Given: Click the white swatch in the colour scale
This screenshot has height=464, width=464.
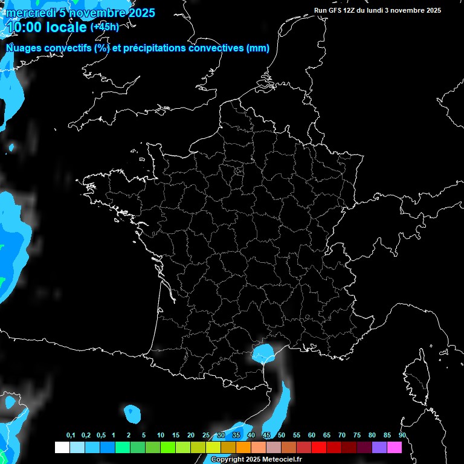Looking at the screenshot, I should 62,447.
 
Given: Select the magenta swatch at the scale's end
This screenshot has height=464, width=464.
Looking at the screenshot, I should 395,447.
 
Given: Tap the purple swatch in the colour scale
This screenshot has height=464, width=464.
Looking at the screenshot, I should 379,447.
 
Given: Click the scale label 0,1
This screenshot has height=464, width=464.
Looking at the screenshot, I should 71,436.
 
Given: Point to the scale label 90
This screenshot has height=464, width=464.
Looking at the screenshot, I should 402,436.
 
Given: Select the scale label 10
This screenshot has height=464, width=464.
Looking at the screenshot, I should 160,436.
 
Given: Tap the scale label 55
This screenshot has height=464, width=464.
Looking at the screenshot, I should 296,436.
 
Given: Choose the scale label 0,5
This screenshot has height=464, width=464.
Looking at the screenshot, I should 101,436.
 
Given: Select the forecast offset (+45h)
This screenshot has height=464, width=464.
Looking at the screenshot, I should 105,27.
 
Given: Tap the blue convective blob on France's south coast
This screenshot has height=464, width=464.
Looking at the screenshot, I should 263,351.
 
